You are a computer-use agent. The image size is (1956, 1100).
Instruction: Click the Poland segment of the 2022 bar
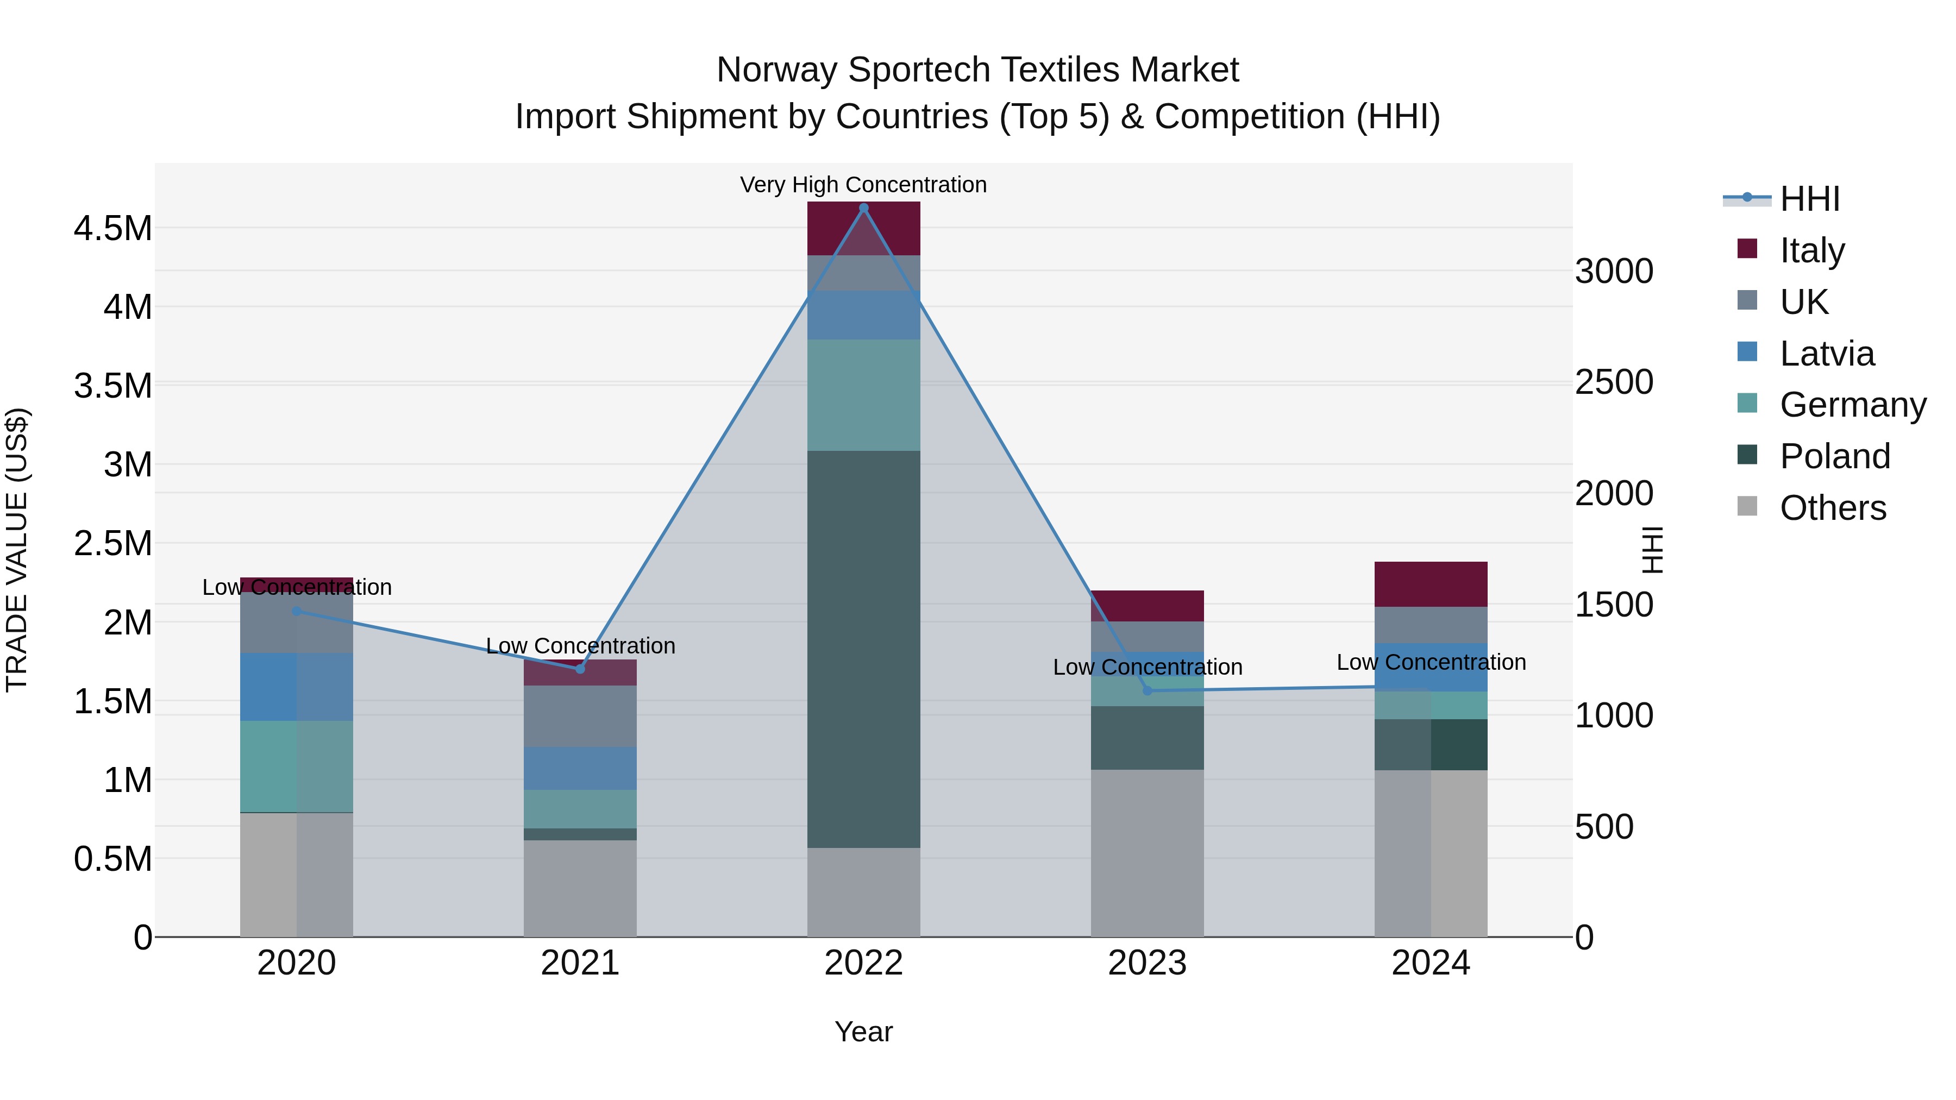tap(863, 649)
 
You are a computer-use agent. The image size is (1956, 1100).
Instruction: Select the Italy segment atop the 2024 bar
tap(1431, 584)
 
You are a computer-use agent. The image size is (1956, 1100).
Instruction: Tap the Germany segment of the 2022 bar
tap(863, 395)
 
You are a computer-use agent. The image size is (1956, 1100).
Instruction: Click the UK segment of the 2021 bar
tap(580, 716)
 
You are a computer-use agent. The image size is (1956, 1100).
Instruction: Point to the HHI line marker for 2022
tap(863, 208)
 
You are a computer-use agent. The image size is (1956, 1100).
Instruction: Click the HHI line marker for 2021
tap(580, 669)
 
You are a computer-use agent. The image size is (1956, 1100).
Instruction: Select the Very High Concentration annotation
tap(863, 185)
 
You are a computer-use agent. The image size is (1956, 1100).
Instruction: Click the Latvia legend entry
tap(1826, 354)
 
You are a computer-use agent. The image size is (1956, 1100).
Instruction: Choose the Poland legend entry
tap(1834, 456)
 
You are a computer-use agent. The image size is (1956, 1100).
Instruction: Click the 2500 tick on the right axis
tap(1614, 382)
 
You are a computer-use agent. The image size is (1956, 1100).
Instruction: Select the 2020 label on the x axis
tap(296, 963)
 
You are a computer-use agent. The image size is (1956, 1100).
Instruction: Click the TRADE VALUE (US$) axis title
tap(17, 550)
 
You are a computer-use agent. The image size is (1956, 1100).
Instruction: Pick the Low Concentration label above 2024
tap(1431, 662)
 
